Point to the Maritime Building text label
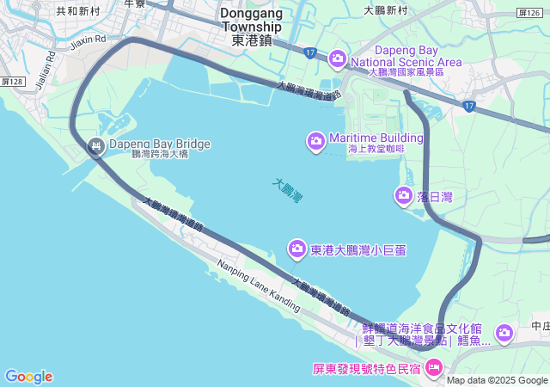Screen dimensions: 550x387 (376, 138)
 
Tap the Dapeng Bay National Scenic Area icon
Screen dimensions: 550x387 (337, 58)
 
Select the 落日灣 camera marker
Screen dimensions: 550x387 (404, 196)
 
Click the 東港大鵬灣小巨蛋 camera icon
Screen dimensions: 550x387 (297, 249)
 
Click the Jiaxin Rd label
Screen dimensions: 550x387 (88, 40)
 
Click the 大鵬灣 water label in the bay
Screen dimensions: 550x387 (288, 190)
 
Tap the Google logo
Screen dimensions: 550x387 (28, 377)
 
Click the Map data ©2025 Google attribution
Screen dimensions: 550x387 (497, 380)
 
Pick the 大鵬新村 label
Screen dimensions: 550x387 (385, 10)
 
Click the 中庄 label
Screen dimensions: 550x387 (540, 326)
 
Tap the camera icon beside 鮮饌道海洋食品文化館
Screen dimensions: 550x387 (504, 332)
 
